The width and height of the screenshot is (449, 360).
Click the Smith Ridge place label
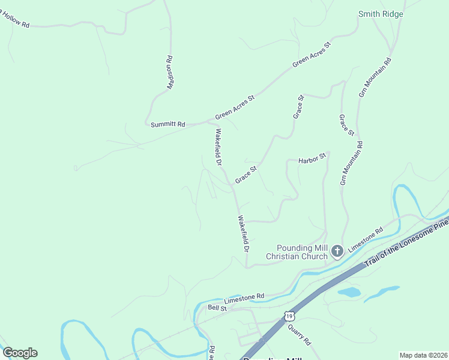click(x=381, y=14)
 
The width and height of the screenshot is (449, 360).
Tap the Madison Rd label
click(x=170, y=73)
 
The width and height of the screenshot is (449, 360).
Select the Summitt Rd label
click(x=167, y=124)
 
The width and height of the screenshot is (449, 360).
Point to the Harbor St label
click(x=312, y=158)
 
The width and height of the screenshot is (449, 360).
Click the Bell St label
click(x=217, y=308)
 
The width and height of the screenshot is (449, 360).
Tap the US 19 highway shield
click(x=290, y=316)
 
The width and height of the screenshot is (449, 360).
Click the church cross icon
click(x=337, y=250)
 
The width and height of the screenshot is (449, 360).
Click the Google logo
click(x=19, y=353)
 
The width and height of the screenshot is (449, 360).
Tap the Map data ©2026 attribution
click(x=423, y=355)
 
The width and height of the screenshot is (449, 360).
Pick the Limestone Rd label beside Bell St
click(x=244, y=297)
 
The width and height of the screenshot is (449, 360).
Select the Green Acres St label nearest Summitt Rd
click(x=235, y=106)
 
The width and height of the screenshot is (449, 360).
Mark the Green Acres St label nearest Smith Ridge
click(x=312, y=55)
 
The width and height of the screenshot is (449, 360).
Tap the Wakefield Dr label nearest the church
click(x=243, y=233)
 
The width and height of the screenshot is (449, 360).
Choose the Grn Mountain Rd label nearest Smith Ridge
click(x=375, y=77)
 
